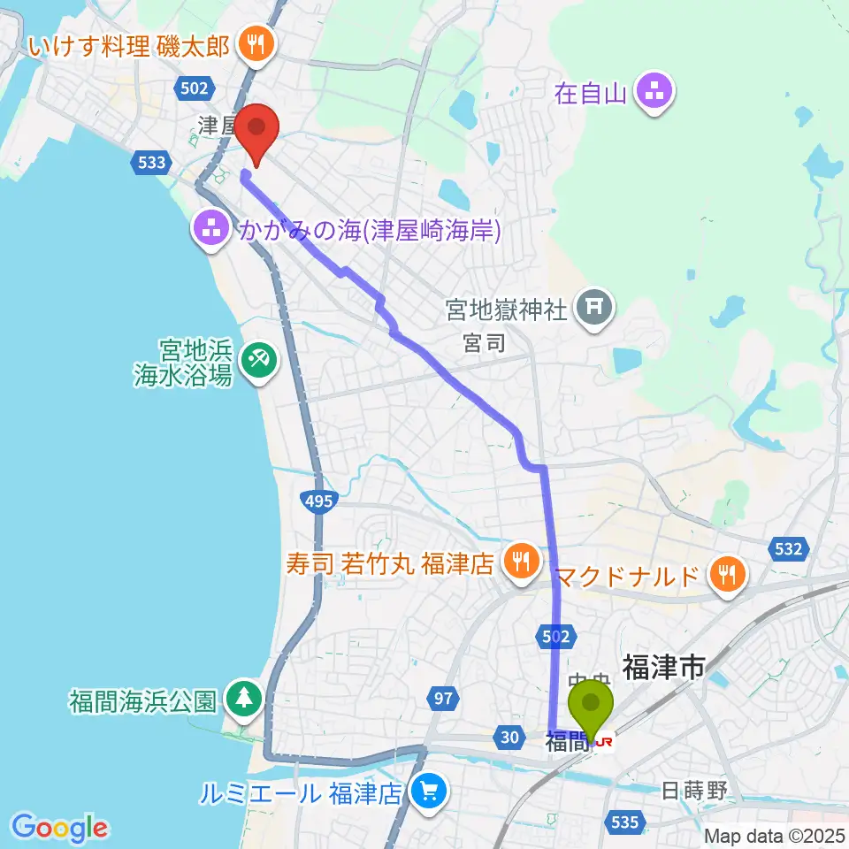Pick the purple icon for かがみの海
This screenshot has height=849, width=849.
[x=211, y=231]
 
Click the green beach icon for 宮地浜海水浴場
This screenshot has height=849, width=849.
[x=257, y=360]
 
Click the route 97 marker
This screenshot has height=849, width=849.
[x=443, y=699]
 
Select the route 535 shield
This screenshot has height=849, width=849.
[x=624, y=822]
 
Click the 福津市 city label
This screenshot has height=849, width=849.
[x=663, y=667]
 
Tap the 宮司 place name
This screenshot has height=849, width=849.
[x=485, y=343]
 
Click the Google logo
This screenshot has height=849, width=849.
[x=59, y=828]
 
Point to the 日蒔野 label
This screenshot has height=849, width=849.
[x=695, y=790]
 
